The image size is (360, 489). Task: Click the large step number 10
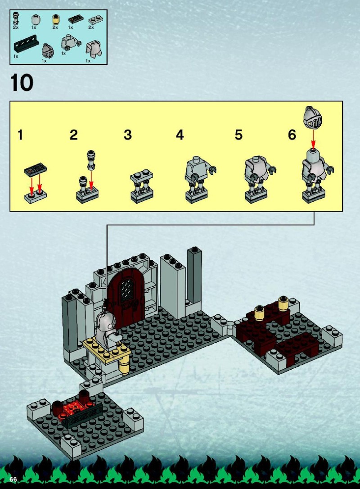pos(22,82)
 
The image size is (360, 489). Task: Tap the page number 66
pos(13,480)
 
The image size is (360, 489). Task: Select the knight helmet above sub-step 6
pos(313,117)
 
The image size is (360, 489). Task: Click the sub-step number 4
pos(180,135)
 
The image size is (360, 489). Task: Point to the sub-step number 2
pos(73,135)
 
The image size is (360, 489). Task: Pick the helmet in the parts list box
pos(47,51)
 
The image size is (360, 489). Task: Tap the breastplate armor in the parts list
pos(94,49)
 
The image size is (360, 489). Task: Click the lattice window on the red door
pos(127,290)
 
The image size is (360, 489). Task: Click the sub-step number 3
pos(128,135)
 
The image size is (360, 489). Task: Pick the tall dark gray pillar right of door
pos(194,276)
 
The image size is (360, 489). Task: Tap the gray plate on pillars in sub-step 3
pos(142,176)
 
